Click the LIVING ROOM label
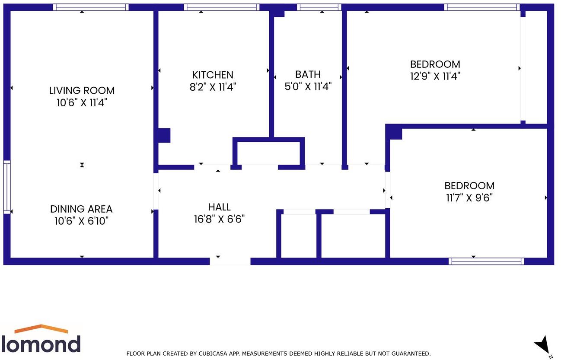[82, 91]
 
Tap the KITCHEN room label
[213, 75]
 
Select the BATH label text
[308, 74]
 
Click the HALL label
[219, 207]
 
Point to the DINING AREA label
[81, 209]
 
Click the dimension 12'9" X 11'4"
[435, 76]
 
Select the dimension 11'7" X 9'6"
[469, 198]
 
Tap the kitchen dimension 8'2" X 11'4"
[213, 87]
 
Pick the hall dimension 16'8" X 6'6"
[219, 219]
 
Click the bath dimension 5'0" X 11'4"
[308, 86]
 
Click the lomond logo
[41, 339]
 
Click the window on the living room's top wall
[91, 7]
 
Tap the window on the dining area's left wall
[6, 187]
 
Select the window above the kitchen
[221, 7]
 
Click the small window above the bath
[319, 7]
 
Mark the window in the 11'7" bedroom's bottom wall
[486, 261]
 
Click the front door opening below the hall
[230, 261]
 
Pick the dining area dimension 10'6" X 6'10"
[81, 221]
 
